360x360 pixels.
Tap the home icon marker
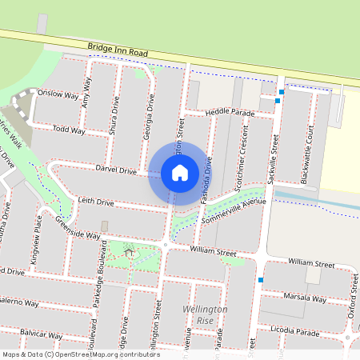[179, 172]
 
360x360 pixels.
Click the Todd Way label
[68, 129]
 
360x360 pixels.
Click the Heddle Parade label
[228, 113]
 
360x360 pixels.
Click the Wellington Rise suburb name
[206, 314]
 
